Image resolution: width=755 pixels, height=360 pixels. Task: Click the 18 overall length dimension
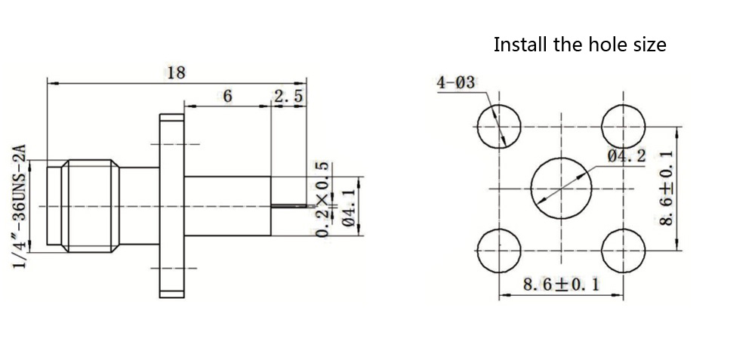[x=176, y=73]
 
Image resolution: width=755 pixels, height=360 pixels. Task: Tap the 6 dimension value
[x=228, y=97]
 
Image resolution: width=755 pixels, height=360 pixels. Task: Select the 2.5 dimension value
[x=289, y=97]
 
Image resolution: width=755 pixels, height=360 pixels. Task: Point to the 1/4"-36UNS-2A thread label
[x=20, y=207]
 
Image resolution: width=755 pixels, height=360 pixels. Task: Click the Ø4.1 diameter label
[x=348, y=206]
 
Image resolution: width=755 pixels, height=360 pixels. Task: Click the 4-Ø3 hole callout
[x=455, y=83]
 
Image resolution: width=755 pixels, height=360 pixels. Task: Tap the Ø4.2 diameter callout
[x=627, y=155]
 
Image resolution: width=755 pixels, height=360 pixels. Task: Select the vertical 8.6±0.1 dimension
[x=667, y=188]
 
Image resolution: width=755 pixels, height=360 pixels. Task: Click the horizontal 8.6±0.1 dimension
[x=561, y=285]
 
